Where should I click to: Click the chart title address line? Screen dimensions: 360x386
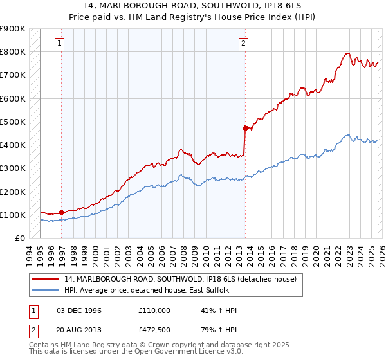click(193, 6)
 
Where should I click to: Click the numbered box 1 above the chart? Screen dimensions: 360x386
click(59, 44)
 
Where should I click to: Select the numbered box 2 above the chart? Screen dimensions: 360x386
click(244, 44)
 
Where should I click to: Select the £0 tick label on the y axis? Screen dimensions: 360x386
click(20, 238)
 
